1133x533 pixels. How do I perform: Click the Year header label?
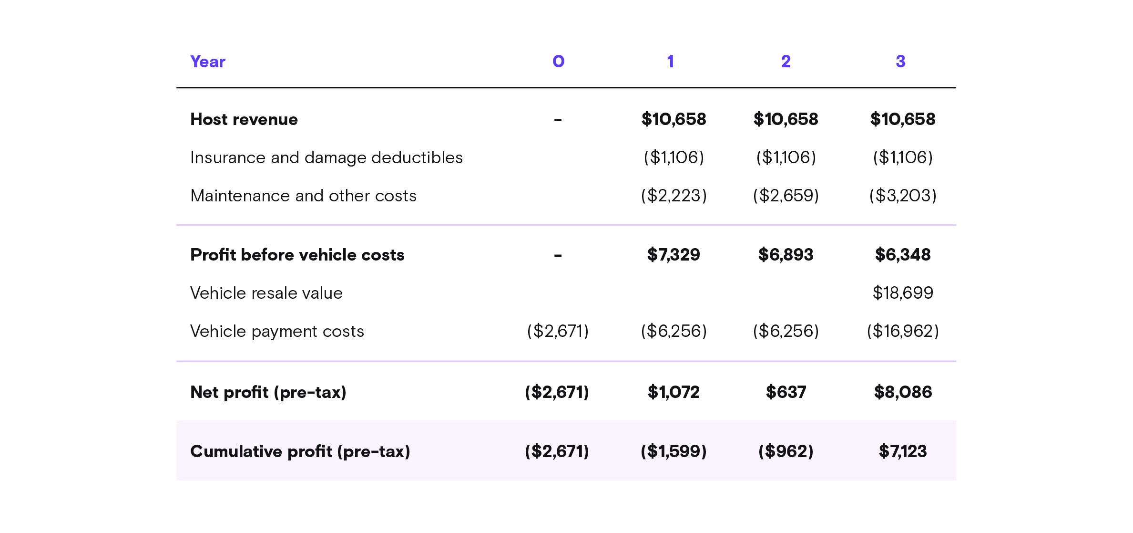tap(207, 62)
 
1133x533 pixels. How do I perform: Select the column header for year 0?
tap(558, 61)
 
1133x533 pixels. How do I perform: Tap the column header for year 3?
tap(900, 61)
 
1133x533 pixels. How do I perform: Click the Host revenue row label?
tap(244, 119)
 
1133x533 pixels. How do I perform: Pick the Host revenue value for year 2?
tap(786, 119)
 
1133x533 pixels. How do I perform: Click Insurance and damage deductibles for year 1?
tap(674, 157)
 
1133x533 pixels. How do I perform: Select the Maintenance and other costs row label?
tap(303, 196)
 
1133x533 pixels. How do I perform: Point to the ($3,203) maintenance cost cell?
tap(902, 196)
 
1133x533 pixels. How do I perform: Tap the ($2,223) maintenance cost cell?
tap(674, 196)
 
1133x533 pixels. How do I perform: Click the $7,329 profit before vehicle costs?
tap(674, 255)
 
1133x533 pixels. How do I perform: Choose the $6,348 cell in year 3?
tap(902, 255)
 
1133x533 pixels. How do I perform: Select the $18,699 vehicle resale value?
tap(902, 293)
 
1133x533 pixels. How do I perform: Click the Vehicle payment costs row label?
tap(277, 331)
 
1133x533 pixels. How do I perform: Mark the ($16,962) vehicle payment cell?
tap(902, 331)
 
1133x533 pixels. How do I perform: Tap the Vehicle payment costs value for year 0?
tap(558, 331)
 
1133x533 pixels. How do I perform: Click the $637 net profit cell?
tap(786, 392)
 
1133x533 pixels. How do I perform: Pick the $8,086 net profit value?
tap(902, 392)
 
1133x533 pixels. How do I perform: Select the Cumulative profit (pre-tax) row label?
tap(300, 451)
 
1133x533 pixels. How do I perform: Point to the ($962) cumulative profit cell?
tap(786, 451)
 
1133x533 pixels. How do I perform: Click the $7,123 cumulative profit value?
tap(902, 451)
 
